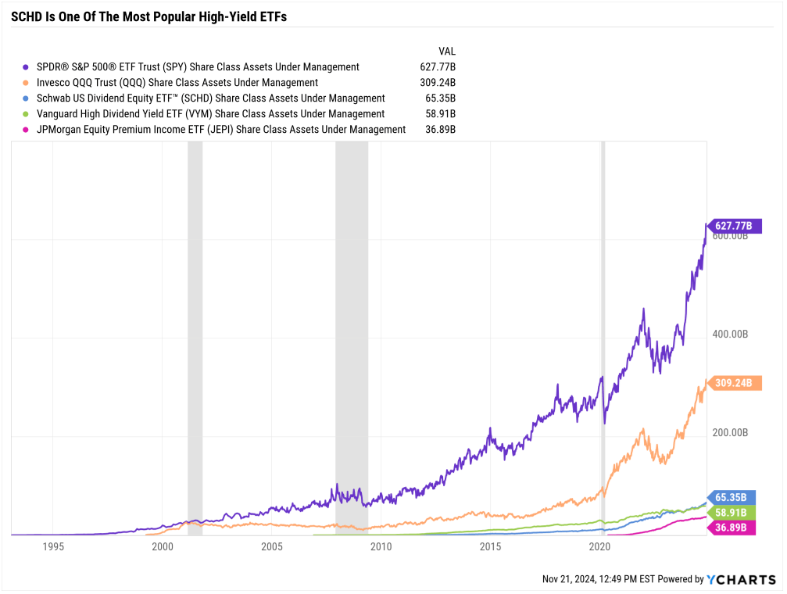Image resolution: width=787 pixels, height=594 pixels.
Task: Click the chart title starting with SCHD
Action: [x=148, y=16]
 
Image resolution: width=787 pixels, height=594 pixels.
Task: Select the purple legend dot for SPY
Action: [x=27, y=67]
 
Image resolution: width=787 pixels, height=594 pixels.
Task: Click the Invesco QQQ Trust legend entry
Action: [x=177, y=83]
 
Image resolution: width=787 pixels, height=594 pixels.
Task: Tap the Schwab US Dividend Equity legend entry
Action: [x=211, y=98]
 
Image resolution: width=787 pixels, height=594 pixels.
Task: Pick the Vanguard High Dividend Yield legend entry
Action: [x=211, y=114]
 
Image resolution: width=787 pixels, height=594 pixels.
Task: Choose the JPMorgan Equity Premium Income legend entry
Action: [x=221, y=130]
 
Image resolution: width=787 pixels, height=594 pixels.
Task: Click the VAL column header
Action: [x=447, y=51]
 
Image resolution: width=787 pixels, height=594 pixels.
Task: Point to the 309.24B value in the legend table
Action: [x=438, y=83]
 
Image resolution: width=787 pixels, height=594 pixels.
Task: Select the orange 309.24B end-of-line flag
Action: [x=732, y=384]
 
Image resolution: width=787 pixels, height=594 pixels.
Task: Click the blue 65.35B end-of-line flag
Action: [x=730, y=497]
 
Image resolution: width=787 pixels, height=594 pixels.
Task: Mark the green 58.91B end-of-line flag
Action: [x=730, y=513]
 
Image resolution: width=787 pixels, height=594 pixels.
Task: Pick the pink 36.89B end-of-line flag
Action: [x=730, y=528]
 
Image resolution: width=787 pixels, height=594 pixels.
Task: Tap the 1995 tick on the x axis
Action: [x=52, y=547]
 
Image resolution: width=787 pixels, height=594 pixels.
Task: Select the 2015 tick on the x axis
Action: [x=491, y=547]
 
